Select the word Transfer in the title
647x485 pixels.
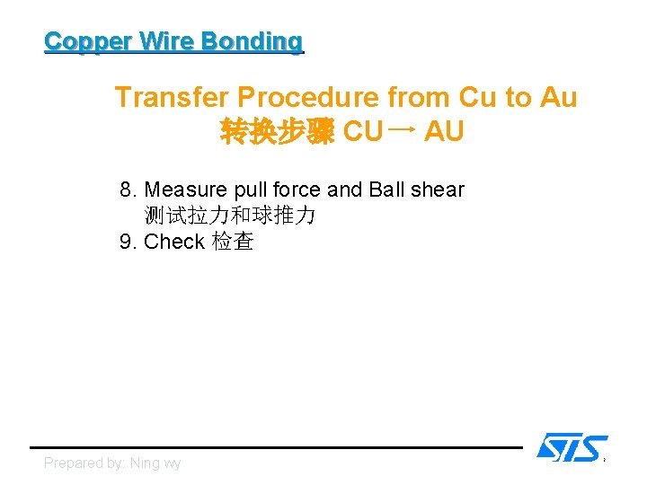(172, 97)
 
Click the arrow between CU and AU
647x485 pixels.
(403, 131)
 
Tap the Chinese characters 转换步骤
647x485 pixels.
(278, 133)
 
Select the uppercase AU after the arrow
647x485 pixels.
(444, 133)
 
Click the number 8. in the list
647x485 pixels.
(129, 190)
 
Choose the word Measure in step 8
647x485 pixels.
(184, 190)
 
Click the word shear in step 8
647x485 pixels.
(436, 190)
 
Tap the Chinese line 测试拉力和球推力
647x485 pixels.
(230, 216)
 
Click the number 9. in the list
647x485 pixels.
(129, 242)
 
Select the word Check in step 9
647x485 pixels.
(174, 242)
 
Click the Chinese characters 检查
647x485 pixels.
(233, 242)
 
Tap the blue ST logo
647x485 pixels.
(572, 446)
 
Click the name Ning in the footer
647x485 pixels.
(145, 463)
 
